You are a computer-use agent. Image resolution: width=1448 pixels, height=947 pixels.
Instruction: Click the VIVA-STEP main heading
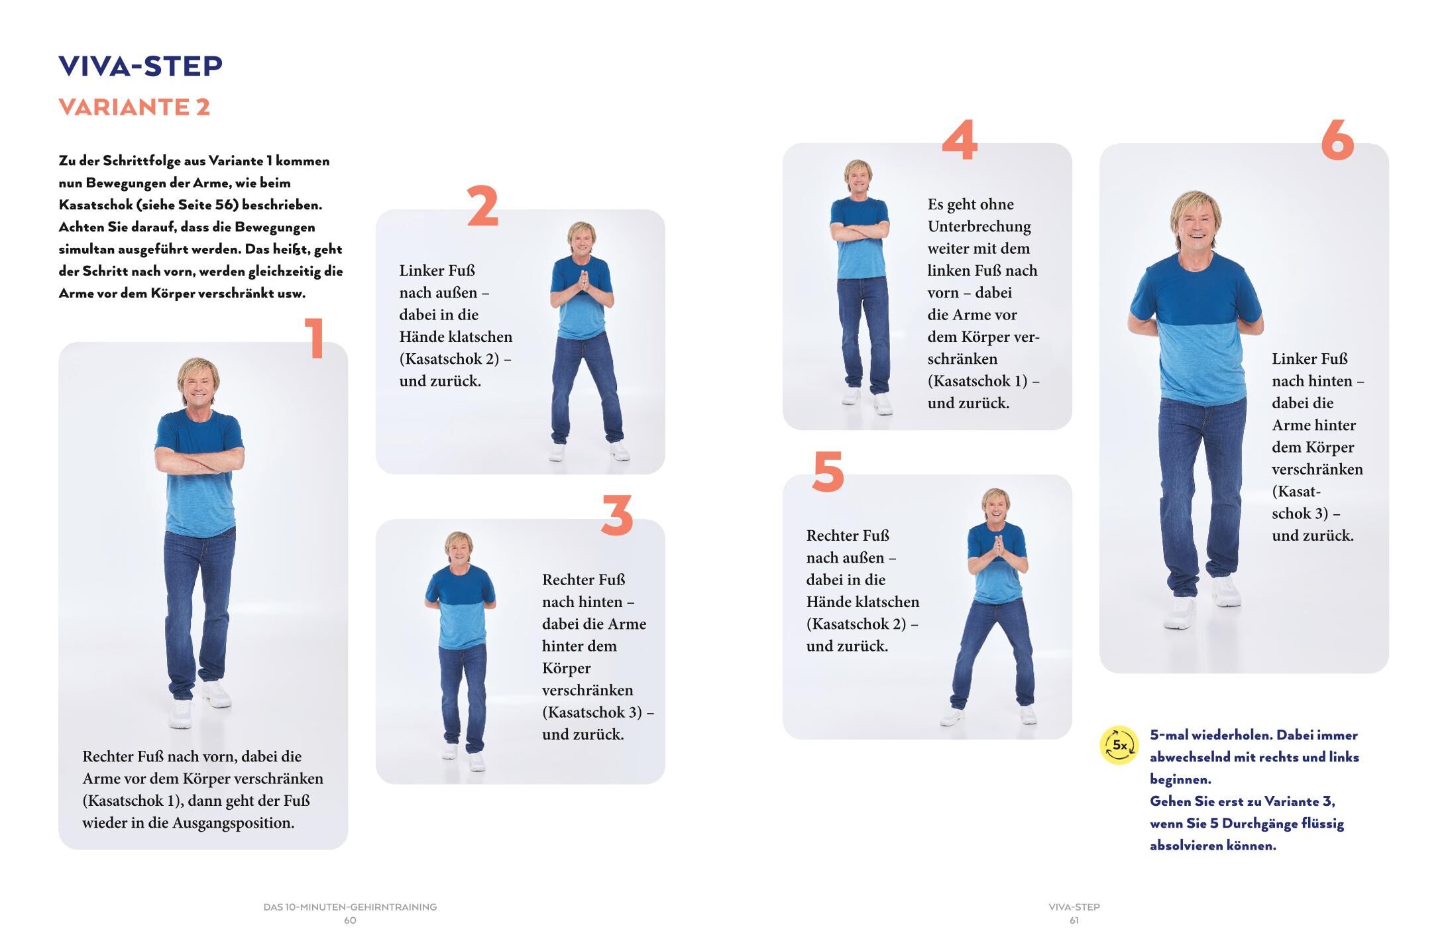click(140, 66)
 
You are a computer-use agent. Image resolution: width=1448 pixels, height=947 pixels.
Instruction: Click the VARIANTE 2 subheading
click(135, 107)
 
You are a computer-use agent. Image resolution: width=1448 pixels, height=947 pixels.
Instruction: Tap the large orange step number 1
click(315, 338)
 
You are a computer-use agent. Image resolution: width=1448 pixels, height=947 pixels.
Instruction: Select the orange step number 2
click(482, 206)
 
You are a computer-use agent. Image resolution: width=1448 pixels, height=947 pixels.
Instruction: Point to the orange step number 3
click(617, 515)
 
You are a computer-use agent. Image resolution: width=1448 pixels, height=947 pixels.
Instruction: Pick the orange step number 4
click(960, 140)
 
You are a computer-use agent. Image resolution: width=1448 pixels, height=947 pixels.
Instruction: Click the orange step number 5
click(828, 472)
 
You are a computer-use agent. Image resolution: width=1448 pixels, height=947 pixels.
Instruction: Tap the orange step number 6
click(1337, 140)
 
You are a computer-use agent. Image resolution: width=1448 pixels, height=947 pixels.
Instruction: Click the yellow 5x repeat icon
click(1119, 745)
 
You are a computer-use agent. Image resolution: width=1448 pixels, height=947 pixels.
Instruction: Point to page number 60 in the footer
click(350, 920)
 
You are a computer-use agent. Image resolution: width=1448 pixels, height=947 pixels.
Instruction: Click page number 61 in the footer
click(1074, 920)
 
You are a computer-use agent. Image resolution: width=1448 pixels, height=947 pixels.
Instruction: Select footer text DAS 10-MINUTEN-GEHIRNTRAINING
click(350, 907)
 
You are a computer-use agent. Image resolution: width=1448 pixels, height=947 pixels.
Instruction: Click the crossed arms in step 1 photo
click(199, 457)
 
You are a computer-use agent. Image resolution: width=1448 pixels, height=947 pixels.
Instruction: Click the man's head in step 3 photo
click(459, 549)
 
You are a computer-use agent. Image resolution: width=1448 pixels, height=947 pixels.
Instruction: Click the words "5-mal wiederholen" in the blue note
click(1210, 735)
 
